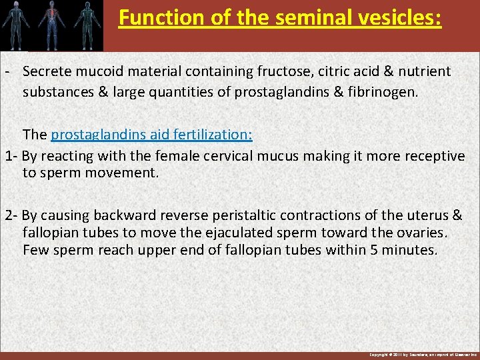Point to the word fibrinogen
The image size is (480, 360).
382,91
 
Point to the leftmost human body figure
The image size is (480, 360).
18,24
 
